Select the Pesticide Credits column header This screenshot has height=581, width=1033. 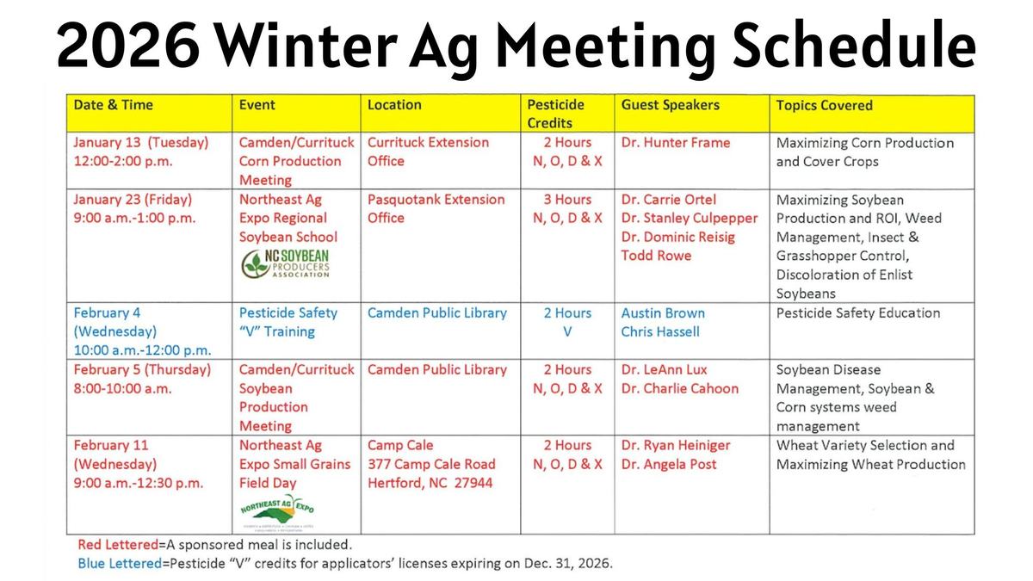point(555,114)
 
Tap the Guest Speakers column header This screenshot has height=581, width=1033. point(670,105)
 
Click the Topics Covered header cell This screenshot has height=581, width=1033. point(824,106)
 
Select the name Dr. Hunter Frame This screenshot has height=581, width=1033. point(675,143)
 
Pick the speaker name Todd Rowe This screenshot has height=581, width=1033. point(656,256)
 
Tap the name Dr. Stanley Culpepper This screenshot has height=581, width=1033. point(689,218)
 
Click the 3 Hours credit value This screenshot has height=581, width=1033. point(567,200)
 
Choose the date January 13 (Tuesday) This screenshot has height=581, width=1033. point(140,143)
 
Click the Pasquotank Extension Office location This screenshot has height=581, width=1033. point(436,209)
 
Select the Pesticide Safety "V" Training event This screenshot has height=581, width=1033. point(288,322)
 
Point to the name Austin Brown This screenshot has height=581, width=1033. point(662,313)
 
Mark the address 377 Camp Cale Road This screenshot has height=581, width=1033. point(431,464)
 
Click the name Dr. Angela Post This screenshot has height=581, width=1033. point(668,464)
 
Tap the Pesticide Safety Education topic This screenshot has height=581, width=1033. point(857,313)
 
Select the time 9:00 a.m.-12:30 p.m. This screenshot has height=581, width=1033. point(139,483)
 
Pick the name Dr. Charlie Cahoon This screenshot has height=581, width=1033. point(679,388)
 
